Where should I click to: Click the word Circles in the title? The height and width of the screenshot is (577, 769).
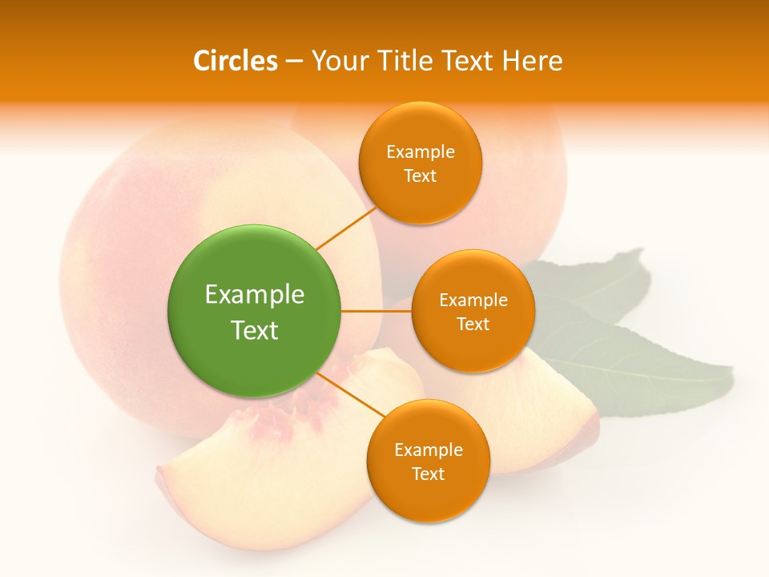pos(235,61)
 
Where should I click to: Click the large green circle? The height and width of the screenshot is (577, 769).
pos(254,311)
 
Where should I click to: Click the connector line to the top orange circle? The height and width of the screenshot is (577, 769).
pos(346,228)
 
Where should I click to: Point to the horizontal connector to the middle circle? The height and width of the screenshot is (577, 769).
pos(376,311)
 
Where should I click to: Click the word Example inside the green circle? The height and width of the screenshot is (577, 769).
pos(254,294)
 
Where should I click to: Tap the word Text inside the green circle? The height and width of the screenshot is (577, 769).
pos(254,330)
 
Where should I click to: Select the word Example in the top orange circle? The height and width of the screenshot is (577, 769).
pos(421,151)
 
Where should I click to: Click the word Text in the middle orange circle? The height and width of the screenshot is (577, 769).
pos(473,324)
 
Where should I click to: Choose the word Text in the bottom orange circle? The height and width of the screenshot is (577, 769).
pos(428,474)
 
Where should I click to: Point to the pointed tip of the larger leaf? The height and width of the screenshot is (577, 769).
pos(730,369)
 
